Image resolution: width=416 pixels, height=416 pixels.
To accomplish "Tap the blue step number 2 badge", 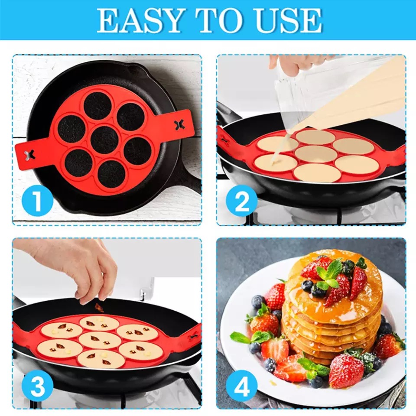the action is [x=242, y=201].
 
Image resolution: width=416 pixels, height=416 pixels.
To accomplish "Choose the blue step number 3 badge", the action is [x=37, y=386].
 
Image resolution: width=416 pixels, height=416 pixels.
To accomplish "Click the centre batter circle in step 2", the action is [x=315, y=153].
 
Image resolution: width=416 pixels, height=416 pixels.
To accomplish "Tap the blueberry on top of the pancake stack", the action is [x=308, y=285].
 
